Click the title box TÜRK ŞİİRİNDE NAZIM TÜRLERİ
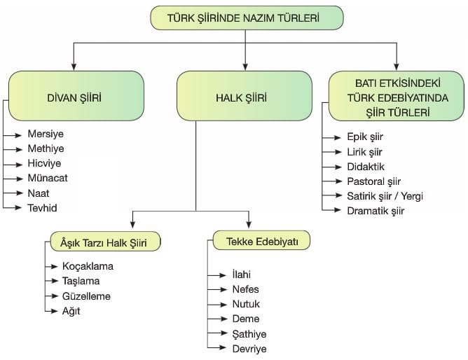(247, 18)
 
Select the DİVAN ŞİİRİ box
(76, 96)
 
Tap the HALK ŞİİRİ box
(245, 96)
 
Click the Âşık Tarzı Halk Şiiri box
(105, 242)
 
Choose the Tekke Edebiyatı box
(261, 240)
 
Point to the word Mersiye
(46, 134)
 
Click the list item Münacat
(48, 178)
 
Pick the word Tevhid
(42, 208)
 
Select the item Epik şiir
(365, 137)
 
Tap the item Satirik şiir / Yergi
(385, 196)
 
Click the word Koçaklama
(88, 266)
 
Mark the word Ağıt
(71, 311)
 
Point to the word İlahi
(242, 275)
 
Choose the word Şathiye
(249, 334)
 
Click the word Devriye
(249, 349)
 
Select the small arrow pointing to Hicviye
(13, 165)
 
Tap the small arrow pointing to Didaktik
(332, 167)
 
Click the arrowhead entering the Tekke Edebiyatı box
(249, 225)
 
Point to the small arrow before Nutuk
(217, 305)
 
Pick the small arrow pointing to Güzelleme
(51, 296)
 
